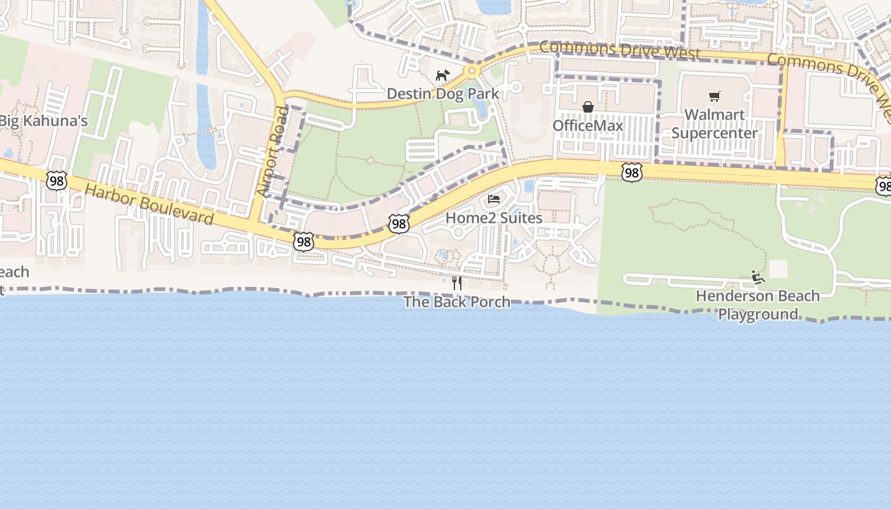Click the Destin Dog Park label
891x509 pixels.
[x=443, y=94]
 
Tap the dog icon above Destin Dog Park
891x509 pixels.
[x=442, y=76]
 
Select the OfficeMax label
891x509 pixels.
[x=587, y=125]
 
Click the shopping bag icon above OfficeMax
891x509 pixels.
[x=588, y=107]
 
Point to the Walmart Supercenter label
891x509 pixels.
[x=714, y=124]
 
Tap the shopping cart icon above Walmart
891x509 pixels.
[x=715, y=97]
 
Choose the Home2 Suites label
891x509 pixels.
[x=494, y=218]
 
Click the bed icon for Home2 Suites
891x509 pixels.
[x=493, y=199]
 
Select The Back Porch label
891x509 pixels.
[x=457, y=302]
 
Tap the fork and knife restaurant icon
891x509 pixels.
[x=457, y=282]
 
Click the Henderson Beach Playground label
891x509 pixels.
[x=757, y=305]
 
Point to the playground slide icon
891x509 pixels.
[x=757, y=277]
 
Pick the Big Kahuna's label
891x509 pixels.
[x=43, y=121]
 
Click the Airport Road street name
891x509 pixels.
[x=272, y=152]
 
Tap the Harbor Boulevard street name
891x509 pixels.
[x=149, y=204]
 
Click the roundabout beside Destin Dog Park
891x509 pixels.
[x=471, y=71]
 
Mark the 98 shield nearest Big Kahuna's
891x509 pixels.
[x=57, y=180]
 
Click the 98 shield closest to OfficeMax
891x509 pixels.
[x=631, y=172]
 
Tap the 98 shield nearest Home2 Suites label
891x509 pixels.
[x=399, y=223]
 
